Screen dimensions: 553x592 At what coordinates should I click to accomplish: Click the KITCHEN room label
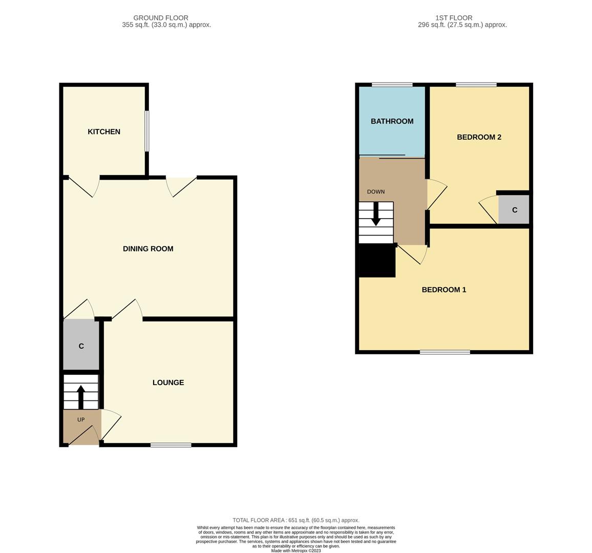pyautogui.click(x=104, y=132)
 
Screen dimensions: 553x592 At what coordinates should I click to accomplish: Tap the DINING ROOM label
pyautogui.click(x=148, y=249)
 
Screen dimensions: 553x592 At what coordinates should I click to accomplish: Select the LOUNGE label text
pyautogui.click(x=168, y=382)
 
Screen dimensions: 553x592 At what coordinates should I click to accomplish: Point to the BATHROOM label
pyautogui.click(x=392, y=121)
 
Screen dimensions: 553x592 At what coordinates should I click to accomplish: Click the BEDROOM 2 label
pyautogui.click(x=479, y=137)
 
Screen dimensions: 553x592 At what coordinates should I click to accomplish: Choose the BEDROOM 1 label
pyautogui.click(x=443, y=290)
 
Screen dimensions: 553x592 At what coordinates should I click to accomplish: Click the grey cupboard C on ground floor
pyautogui.click(x=81, y=346)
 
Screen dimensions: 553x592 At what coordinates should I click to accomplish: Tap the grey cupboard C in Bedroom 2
pyautogui.click(x=514, y=210)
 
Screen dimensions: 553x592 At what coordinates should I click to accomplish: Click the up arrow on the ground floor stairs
pyautogui.click(x=81, y=396)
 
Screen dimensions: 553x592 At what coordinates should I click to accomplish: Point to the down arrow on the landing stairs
pyautogui.click(x=376, y=214)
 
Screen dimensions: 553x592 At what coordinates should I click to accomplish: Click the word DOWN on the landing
pyautogui.click(x=375, y=192)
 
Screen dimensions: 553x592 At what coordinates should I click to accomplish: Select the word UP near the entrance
pyautogui.click(x=81, y=420)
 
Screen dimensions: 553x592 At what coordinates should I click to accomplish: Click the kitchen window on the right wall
pyautogui.click(x=147, y=132)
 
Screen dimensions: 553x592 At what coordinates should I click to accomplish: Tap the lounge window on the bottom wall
pyautogui.click(x=171, y=445)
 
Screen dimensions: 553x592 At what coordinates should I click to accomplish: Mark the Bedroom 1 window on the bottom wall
pyautogui.click(x=445, y=352)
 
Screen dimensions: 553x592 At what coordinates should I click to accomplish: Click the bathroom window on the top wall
pyautogui.click(x=392, y=84)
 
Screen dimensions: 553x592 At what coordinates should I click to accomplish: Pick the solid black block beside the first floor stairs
pyautogui.click(x=377, y=261)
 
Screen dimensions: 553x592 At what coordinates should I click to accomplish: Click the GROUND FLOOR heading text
pyautogui.click(x=161, y=18)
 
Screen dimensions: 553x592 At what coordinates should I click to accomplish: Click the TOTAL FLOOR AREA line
pyautogui.click(x=295, y=520)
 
